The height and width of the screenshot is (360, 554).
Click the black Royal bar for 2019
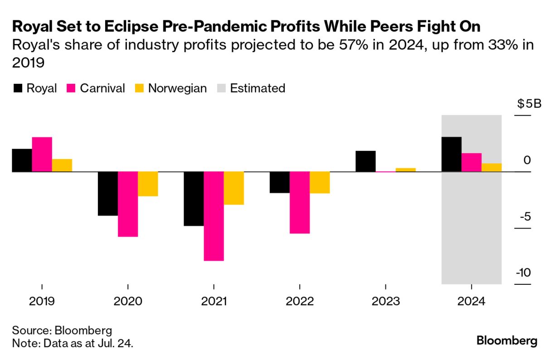22,160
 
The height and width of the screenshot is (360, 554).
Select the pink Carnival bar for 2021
214,216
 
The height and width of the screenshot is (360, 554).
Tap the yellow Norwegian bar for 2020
148,184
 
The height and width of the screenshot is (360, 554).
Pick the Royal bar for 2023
365,161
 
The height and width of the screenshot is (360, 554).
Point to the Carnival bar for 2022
300,203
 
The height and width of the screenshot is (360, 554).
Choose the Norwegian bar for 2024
491,167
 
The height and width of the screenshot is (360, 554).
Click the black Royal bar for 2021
194,199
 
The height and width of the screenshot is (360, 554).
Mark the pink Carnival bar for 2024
471,162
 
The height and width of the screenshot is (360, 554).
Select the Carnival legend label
102,88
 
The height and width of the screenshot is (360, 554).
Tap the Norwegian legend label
177,88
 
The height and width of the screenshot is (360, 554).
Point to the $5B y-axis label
529,104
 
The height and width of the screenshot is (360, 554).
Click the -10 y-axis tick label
523,273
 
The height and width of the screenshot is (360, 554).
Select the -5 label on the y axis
525,217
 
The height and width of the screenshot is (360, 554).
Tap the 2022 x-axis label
300,301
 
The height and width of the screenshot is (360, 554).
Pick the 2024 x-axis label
471,301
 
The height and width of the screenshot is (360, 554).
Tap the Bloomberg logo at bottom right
507,341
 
